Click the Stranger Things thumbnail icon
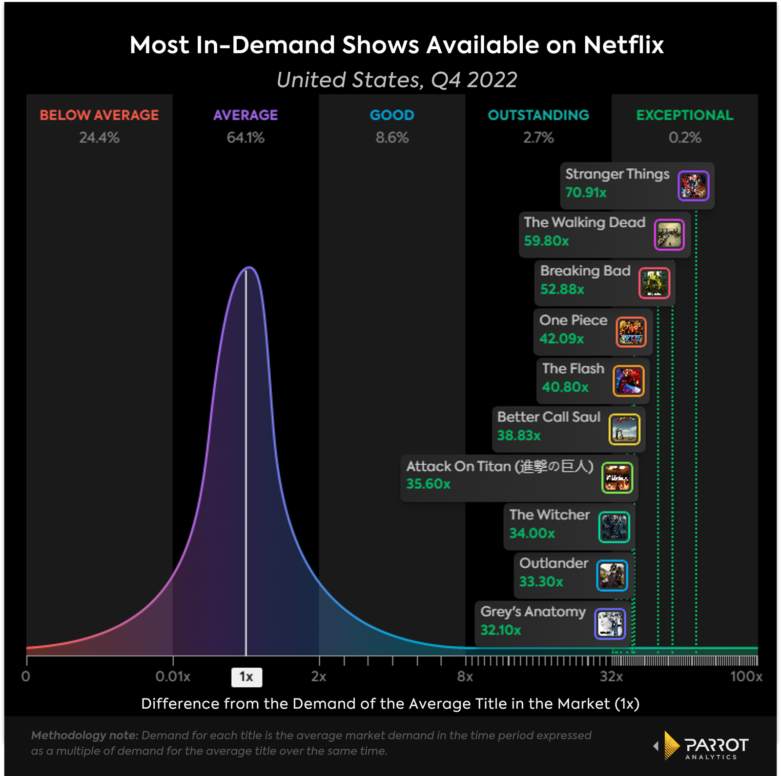click(693, 186)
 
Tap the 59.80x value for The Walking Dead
click(546, 241)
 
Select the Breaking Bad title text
click(585, 271)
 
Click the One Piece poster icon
click(631, 332)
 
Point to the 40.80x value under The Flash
click(565, 387)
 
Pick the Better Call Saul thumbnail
click(624, 429)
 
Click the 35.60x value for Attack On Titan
click(428, 484)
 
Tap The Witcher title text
click(550, 515)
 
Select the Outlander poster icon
click(612, 576)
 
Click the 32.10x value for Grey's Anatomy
click(500, 630)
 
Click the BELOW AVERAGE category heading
click(99, 115)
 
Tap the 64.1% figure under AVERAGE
click(246, 138)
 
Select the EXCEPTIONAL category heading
click(684, 115)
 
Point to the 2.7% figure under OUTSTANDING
click(538, 138)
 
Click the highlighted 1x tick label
click(247, 677)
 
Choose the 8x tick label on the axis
click(465, 677)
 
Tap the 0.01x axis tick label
click(173, 677)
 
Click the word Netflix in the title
click(623, 45)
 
